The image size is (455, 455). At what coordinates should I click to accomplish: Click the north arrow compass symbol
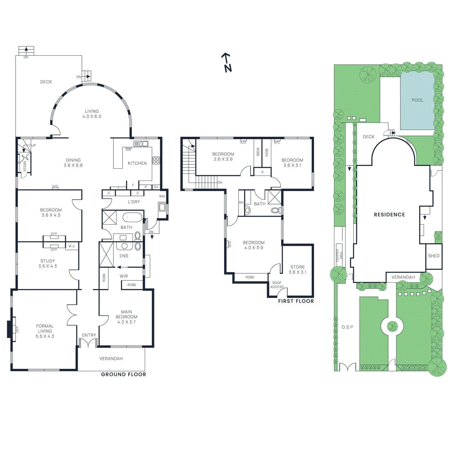(227, 63)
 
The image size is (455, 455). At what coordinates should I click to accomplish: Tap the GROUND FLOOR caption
(123, 375)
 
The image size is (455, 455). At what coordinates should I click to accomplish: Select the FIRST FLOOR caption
(296, 301)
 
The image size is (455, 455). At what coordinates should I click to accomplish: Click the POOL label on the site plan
(417, 100)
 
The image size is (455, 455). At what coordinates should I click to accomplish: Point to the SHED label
(434, 256)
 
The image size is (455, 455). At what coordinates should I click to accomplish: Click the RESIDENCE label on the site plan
(389, 215)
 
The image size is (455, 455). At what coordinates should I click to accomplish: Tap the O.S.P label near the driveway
(347, 327)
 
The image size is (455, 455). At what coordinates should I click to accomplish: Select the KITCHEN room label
(137, 163)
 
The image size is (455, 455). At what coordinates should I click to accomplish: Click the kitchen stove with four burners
(156, 160)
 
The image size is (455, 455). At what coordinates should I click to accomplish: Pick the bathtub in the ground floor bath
(132, 218)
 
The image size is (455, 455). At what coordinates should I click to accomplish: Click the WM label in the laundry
(162, 197)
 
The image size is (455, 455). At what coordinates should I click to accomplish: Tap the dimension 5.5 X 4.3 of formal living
(45, 336)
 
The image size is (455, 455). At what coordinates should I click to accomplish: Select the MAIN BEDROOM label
(126, 314)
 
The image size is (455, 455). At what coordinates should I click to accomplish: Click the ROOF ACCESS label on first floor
(277, 285)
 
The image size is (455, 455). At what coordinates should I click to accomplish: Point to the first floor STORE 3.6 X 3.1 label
(297, 269)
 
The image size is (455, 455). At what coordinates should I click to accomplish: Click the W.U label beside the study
(72, 246)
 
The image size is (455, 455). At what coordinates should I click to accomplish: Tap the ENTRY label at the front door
(89, 335)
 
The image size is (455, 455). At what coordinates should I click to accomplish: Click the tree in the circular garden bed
(392, 326)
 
